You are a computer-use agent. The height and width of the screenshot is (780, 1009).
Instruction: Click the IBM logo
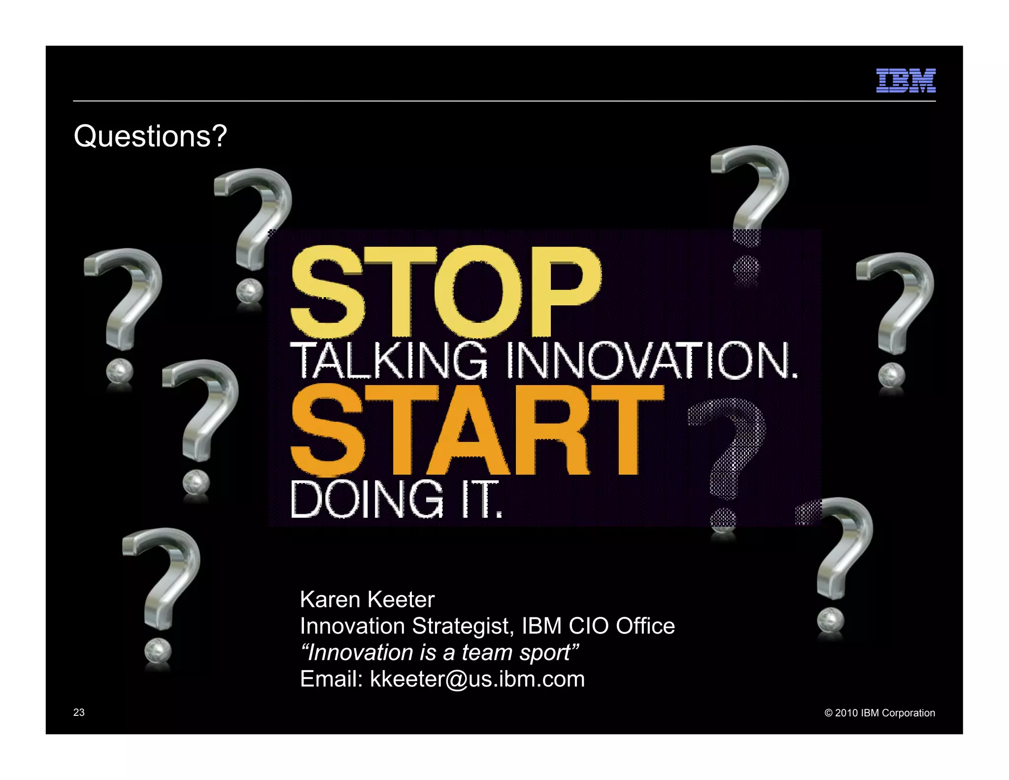pyautogui.click(x=906, y=80)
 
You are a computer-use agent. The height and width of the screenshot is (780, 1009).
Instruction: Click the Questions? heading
pyautogui.click(x=150, y=136)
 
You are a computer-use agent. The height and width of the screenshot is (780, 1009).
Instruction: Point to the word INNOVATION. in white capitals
pyautogui.click(x=652, y=360)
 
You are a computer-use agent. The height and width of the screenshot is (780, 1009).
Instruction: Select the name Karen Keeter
pyautogui.click(x=367, y=600)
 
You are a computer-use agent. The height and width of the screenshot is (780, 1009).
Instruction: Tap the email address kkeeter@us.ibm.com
pyautogui.click(x=477, y=679)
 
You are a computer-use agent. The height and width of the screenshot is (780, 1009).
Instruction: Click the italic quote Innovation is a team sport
pyautogui.click(x=439, y=652)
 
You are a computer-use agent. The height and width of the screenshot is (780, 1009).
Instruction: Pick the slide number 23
pyautogui.click(x=79, y=712)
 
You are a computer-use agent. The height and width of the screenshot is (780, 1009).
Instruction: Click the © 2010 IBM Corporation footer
pyautogui.click(x=879, y=713)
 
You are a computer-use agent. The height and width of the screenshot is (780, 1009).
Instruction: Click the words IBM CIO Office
pyautogui.click(x=598, y=626)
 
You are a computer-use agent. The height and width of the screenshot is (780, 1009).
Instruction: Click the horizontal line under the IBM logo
pyautogui.click(x=504, y=101)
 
